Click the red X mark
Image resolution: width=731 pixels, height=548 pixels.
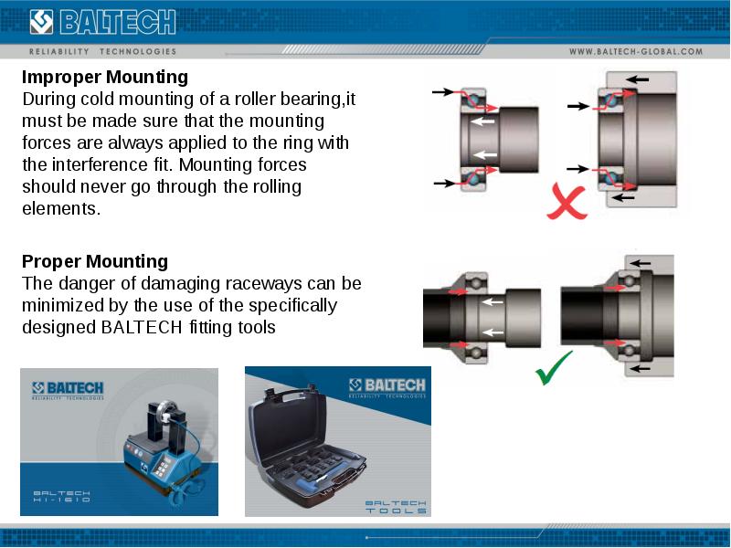pos(567,202)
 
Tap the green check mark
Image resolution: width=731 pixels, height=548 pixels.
pos(553,367)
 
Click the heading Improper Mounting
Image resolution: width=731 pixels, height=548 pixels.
pos(105,77)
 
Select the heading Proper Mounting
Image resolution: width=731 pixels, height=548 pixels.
pos(95,262)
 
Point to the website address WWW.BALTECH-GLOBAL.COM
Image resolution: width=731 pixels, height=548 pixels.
pos(636,52)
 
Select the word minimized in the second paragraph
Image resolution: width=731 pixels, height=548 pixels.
pos(64,305)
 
